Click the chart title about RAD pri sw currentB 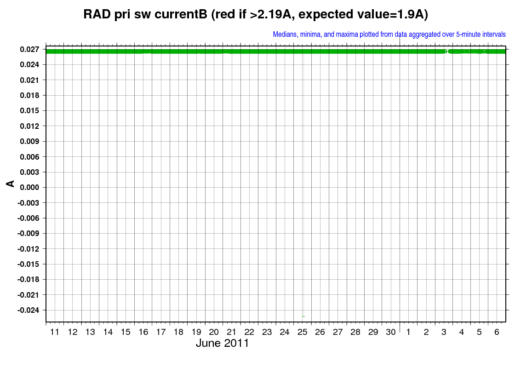(256, 14)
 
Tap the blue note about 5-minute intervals (389, 34)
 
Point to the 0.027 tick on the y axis (29, 49)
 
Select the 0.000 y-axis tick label (29, 187)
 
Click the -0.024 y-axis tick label (28, 310)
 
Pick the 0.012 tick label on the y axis (29, 126)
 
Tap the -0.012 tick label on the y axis (28, 249)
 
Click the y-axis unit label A (11, 184)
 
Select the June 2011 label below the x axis (223, 343)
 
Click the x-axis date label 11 (55, 332)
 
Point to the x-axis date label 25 (302, 332)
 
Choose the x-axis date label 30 (390, 332)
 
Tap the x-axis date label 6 (497, 332)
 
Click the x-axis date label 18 (178, 332)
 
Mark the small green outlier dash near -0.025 (303, 317)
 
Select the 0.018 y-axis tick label (29, 95)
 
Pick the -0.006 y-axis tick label (28, 218)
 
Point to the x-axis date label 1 (408, 332)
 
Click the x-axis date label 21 (232, 332)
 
